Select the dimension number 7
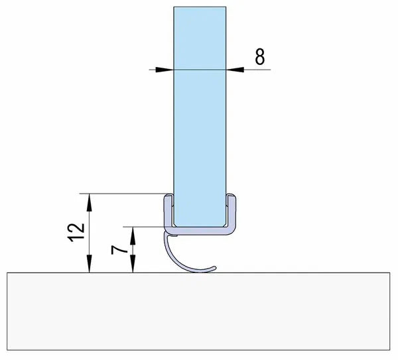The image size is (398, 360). point(120,250)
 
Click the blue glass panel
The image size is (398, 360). point(199,99)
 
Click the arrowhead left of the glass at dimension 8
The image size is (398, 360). point(166,69)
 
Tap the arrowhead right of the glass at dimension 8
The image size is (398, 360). point(233,69)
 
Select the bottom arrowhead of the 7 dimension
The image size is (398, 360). point(133,267)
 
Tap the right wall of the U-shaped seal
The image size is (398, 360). point(232,211)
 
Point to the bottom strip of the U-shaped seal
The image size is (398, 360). point(199,229)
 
